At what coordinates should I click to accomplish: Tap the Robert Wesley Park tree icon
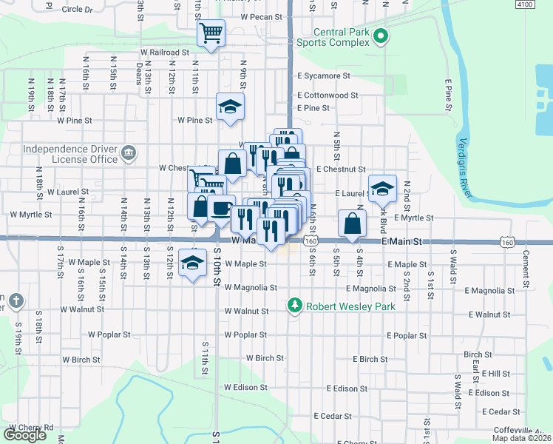(x=295, y=306)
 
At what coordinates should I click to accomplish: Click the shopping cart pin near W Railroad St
(x=211, y=33)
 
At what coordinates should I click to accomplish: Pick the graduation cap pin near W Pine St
(x=230, y=107)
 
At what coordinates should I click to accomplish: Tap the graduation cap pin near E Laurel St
(x=382, y=188)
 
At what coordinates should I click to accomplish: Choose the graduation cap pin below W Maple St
(x=192, y=264)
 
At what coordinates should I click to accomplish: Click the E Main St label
(x=401, y=242)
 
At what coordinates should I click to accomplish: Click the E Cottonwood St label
(x=328, y=95)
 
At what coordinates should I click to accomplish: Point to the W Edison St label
(x=245, y=387)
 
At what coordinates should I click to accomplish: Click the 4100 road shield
(x=524, y=4)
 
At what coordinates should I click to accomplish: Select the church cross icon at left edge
(x=17, y=301)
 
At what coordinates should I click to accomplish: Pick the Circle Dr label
(x=78, y=10)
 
